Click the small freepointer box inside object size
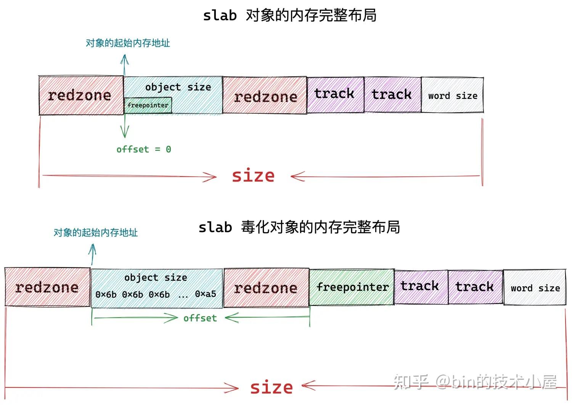pos(148,105)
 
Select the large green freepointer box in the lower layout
pos(352,287)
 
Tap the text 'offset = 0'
pos(144,149)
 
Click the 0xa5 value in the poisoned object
pos(206,294)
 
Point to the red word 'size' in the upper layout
pos(253,176)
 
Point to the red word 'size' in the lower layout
pos(272,387)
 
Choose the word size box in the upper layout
pos(452,95)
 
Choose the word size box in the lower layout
pos(535,288)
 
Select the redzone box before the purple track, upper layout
pos(265,96)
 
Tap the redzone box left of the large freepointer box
pos(266,288)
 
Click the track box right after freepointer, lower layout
pos(420,287)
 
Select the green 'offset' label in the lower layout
pos(200,318)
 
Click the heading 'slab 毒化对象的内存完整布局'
pos(299,227)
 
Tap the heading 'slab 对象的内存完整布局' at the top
pos(289,16)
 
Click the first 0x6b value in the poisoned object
pos(106,295)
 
